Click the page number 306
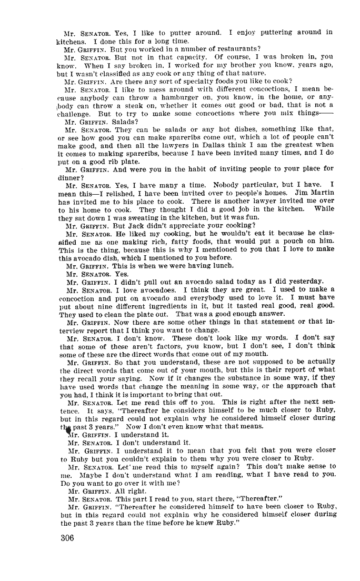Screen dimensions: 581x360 tap(67, 538)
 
